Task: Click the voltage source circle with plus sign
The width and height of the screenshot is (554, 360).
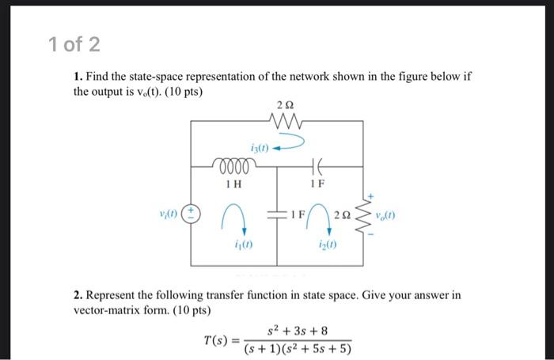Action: tap(192, 214)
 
